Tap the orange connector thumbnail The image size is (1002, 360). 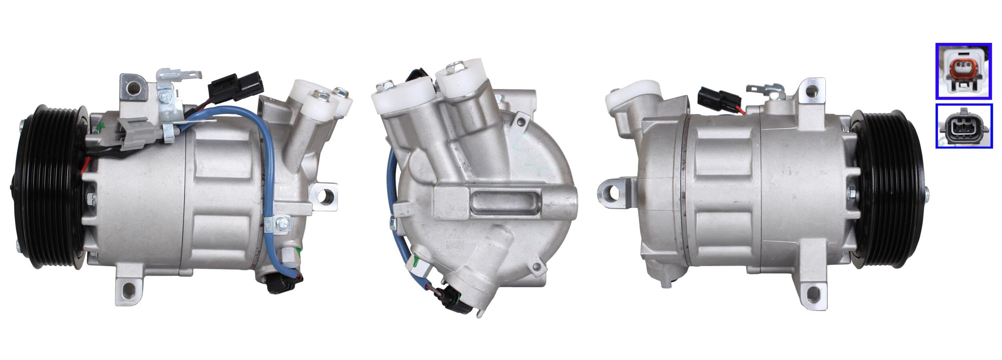point(963,71)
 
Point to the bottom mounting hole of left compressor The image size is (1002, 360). point(129,290)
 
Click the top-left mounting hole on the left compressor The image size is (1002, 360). point(133,86)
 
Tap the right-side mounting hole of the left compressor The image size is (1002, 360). point(325,195)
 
